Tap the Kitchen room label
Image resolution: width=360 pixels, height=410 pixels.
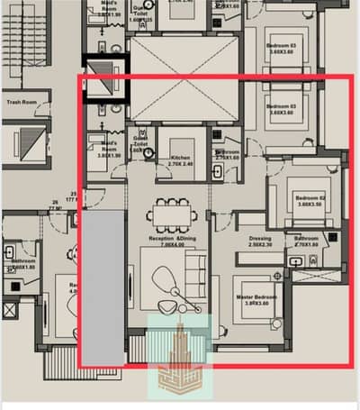point(181,158)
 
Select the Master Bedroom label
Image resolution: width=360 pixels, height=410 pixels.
point(256,296)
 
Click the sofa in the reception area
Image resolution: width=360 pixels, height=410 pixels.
point(194,270)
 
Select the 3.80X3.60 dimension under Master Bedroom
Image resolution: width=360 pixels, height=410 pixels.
point(256,304)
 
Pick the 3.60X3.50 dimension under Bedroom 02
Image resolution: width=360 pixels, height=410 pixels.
point(308,204)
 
